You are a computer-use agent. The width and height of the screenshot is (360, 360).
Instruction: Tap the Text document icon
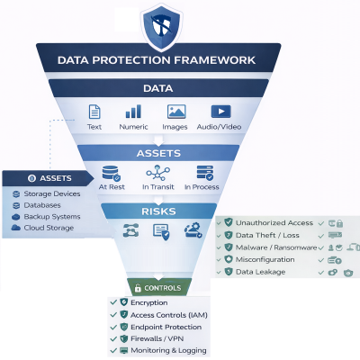[94, 112]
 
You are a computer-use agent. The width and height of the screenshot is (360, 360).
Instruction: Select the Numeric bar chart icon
[133, 112]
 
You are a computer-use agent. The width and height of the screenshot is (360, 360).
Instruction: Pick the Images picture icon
[176, 112]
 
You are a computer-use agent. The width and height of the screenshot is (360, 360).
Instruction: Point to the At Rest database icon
[112, 172]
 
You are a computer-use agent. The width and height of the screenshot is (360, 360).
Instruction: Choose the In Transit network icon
[158, 172]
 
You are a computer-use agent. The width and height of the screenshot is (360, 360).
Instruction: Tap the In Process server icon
[204, 172]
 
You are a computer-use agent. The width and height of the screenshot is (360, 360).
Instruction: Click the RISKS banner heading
[158, 211]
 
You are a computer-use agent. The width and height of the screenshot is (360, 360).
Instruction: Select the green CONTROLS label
[157, 288]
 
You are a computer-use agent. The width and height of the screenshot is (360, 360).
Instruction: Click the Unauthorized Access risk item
[274, 221]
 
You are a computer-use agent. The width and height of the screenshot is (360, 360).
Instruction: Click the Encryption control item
[148, 303]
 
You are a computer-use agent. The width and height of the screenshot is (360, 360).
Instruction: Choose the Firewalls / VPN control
[157, 338]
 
